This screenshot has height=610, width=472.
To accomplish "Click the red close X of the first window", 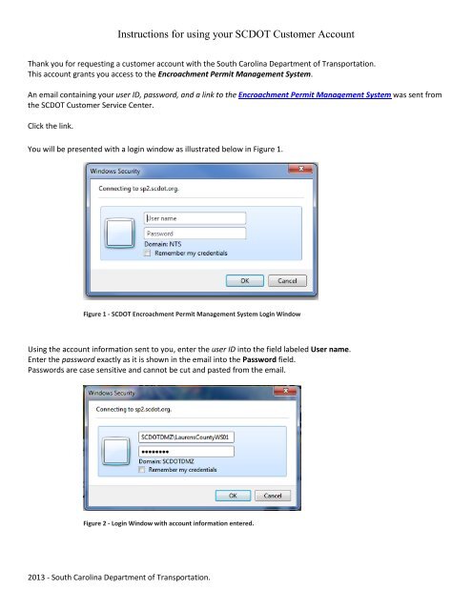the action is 299,172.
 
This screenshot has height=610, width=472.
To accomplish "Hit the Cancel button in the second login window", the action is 272,496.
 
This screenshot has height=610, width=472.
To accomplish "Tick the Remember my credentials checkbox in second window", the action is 143,470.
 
